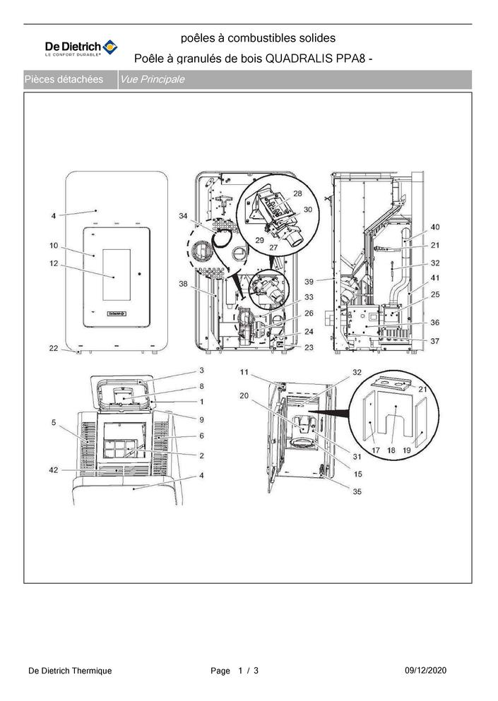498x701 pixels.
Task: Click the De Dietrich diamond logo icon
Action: pyautogui.click(x=110, y=47)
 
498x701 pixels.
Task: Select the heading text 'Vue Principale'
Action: pyautogui.click(x=152, y=80)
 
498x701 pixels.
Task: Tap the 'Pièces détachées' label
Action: pyautogui.click(x=64, y=80)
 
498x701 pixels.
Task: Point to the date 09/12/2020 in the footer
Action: pyautogui.click(x=425, y=671)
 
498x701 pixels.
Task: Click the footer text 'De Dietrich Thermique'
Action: pyautogui.click(x=70, y=671)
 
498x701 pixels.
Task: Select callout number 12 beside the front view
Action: pyautogui.click(x=54, y=264)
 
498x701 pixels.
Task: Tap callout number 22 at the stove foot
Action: pyautogui.click(x=54, y=348)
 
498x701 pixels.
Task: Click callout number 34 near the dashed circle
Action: pyautogui.click(x=183, y=216)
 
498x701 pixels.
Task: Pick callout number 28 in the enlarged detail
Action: pyautogui.click(x=297, y=193)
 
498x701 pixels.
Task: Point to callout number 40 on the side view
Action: pyautogui.click(x=435, y=227)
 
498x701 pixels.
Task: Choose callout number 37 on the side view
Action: pyautogui.click(x=435, y=341)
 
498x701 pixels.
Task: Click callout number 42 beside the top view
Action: pyautogui.click(x=54, y=470)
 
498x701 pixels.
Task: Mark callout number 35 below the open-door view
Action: pyautogui.click(x=357, y=492)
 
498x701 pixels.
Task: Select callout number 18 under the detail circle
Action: pyautogui.click(x=391, y=450)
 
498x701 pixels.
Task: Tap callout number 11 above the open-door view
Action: pyautogui.click(x=244, y=372)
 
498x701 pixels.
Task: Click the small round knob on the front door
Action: pyautogui.click(x=140, y=273)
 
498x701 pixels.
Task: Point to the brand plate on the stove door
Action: pyautogui.click(x=117, y=313)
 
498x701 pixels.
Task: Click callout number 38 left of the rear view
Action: pyautogui.click(x=183, y=284)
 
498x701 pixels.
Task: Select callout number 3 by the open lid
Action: pyautogui.click(x=202, y=370)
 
